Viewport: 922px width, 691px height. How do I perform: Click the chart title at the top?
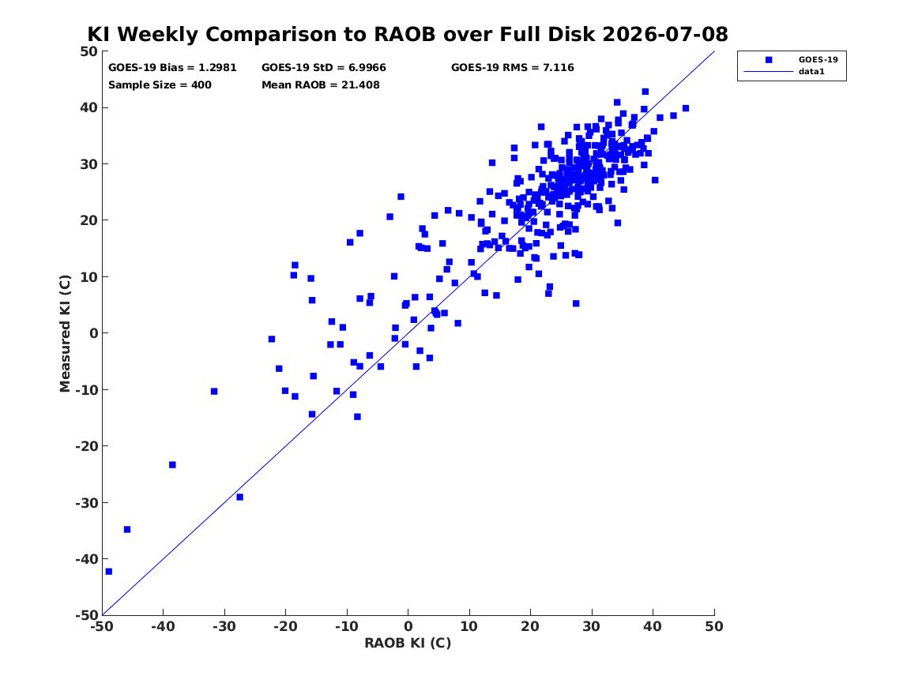click(x=408, y=34)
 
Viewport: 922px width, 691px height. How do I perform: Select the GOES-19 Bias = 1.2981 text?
click(x=172, y=68)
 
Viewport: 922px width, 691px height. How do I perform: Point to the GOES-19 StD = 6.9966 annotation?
click(x=324, y=68)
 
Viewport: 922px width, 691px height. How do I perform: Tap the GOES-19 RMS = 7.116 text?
click(x=513, y=68)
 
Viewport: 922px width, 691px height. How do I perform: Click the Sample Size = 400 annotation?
click(x=160, y=84)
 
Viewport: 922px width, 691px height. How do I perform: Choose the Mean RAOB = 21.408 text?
click(x=321, y=84)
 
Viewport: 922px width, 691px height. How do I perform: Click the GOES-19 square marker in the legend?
click(x=769, y=59)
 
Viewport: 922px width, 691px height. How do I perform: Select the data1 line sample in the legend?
click(x=769, y=72)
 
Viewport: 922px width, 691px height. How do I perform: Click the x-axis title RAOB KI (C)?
click(x=408, y=643)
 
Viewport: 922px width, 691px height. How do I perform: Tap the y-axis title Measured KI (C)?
click(x=65, y=333)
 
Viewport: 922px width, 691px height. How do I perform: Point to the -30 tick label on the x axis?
click(x=224, y=626)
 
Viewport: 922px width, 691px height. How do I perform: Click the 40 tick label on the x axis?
click(x=653, y=626)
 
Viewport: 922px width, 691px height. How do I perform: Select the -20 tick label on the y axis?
click(x=86, y=446)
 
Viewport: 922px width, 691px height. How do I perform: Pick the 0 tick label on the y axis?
click(x=93, y=333)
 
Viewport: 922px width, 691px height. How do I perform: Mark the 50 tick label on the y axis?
click(x=89, y=51)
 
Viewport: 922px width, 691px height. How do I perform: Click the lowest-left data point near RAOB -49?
click(x=109, y=571)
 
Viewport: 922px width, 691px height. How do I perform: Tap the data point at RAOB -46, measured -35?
click(x=127, y=529)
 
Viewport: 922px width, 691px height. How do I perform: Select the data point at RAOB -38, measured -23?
click(x=172, y=465)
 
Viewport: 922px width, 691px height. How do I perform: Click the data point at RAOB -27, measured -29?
click(x=240, y=497)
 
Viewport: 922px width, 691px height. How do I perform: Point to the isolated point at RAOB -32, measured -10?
click(x=214, y=392)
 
